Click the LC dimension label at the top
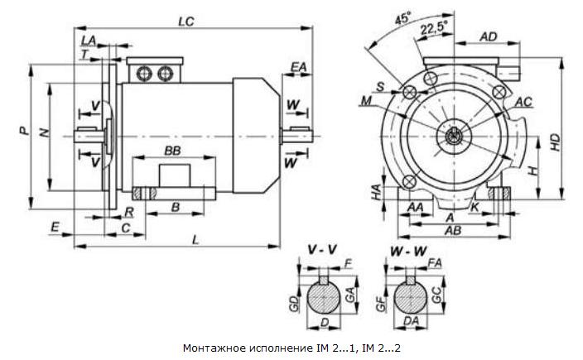(x=185, y=22)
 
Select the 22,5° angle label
(x=434, y=29)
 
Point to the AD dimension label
(x=489, y=36)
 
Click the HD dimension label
(x=555, y=142)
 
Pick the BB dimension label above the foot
(x=172, y=151)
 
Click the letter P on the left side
(x=23, y=131)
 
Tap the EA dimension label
(x=298, y=67)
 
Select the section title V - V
(x=322, y=251)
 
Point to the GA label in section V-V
(x=350, y=294)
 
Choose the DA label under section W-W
(x=411, y=321)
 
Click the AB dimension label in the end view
(x=453, y=230)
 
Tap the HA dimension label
(x=377, y=192)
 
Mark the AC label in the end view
(x=524, y=102)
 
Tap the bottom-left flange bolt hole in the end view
(x=409, y=181)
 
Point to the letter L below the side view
(x=195, y=240)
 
